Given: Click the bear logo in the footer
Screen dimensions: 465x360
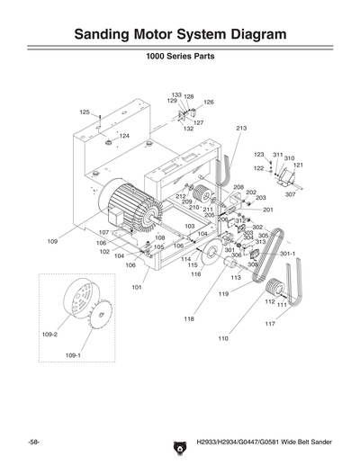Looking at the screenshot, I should (x=176, y=443).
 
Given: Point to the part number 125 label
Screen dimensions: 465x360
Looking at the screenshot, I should (x=84, y=112).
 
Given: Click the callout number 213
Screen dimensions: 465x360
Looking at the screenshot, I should (x=240, y=130).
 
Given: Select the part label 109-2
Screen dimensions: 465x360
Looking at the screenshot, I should (x=49, y=335).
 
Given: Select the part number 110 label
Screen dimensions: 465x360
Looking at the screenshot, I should (x=222, y=339).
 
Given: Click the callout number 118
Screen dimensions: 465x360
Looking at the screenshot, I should (x=189, y=318).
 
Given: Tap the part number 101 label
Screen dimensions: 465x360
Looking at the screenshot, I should (x=137, y=288).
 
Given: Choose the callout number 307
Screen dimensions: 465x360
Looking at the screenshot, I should (x=290, y=194).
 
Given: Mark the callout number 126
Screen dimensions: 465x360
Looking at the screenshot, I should (x=208, y=103).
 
